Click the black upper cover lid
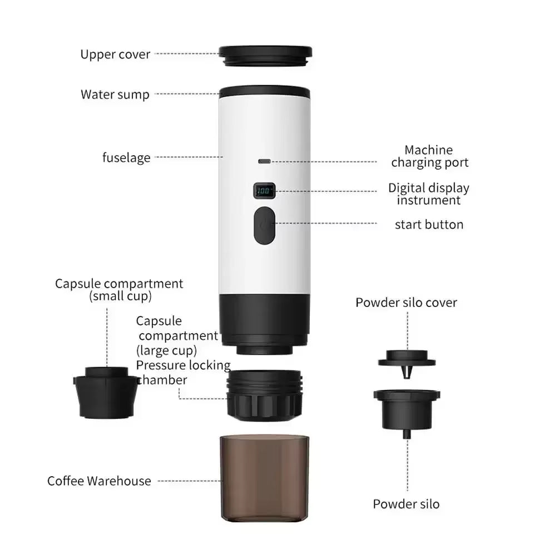pos(265,55)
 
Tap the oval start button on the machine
pos(264,225)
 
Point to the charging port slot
pos(264,162)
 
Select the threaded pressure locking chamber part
pos(264,394)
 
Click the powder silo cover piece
pos(407,361)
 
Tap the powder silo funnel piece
pos(407,408)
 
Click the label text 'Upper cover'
pos(115,55)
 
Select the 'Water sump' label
pos(115,94)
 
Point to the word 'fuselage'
pos(126,157)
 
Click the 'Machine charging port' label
pos(429,156)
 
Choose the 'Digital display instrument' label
pos(429,194)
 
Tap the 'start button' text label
pos(429,225)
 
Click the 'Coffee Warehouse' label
pos(99,481)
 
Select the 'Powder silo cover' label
pos(406,303)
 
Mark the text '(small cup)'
pos(120,296)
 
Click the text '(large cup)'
pos(166,350)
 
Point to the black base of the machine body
pos(264,320)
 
